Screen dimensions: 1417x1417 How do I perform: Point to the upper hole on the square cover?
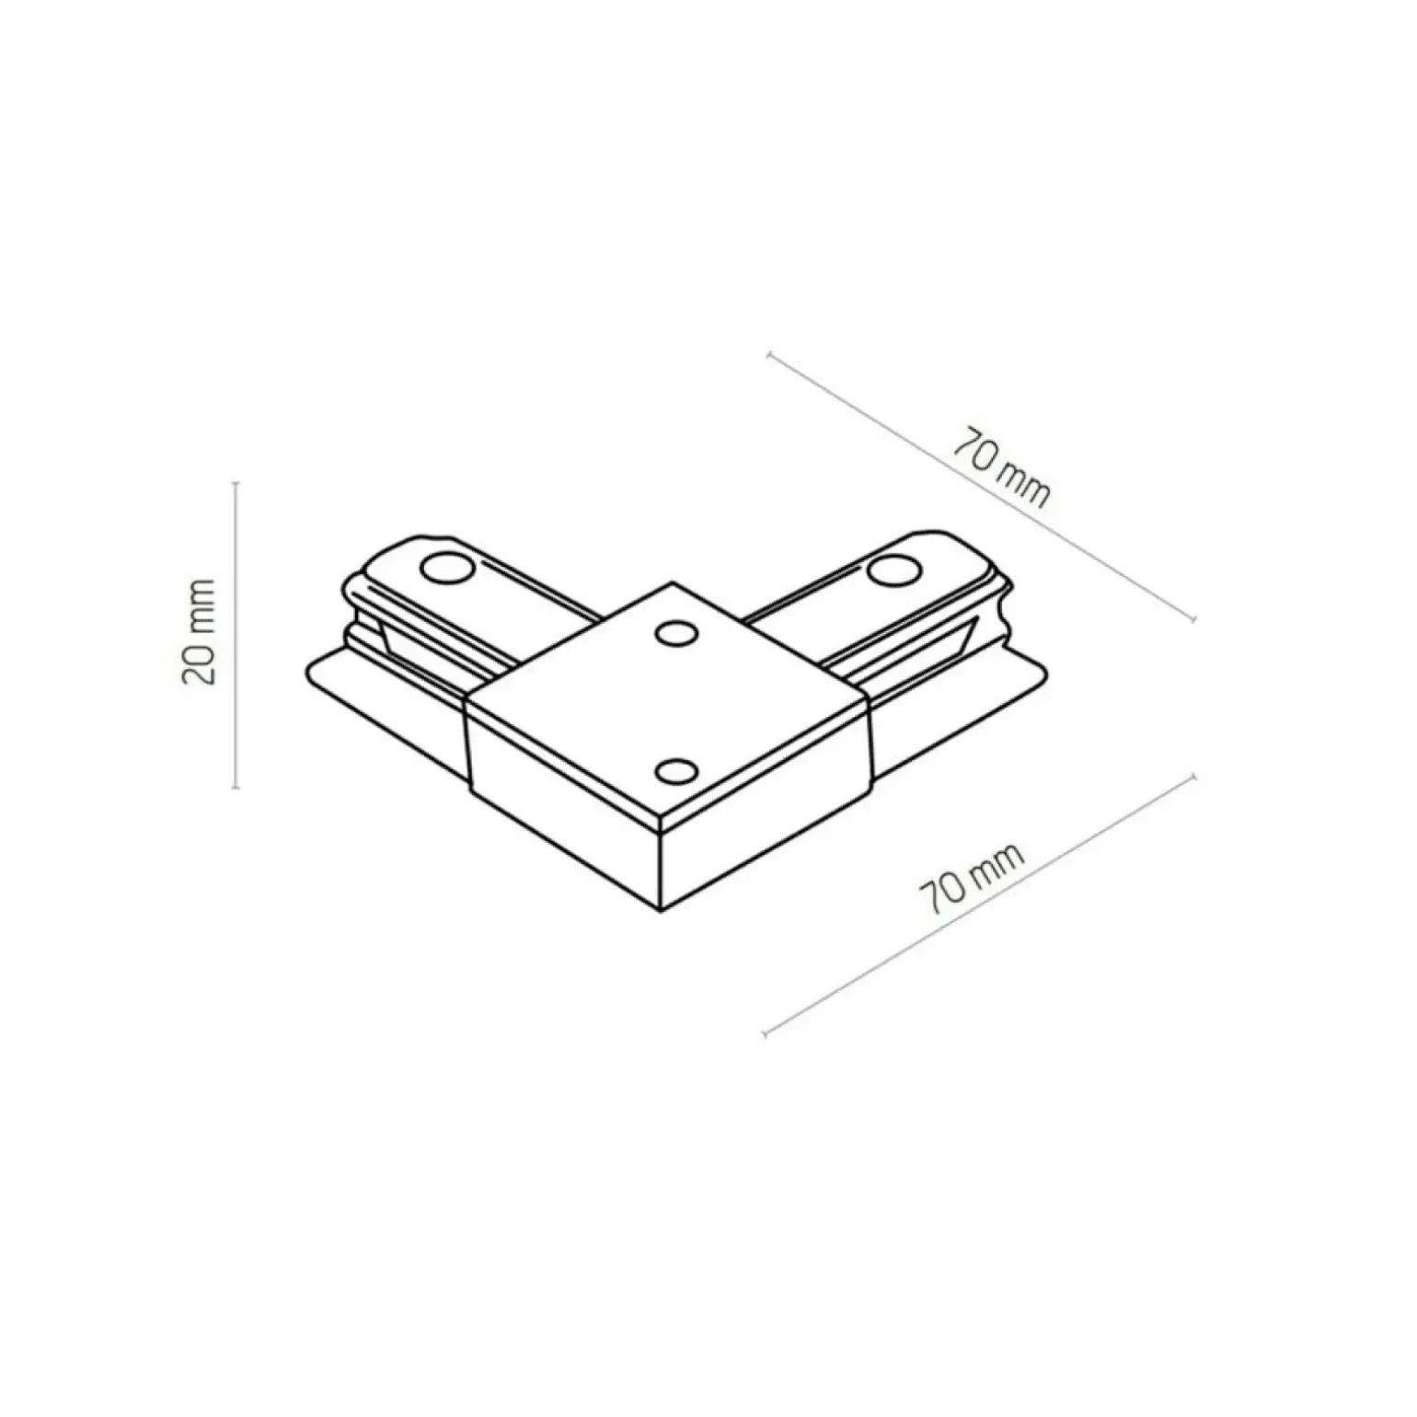[x=676, y=633]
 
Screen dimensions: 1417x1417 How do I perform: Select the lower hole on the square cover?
[x=676, y=771]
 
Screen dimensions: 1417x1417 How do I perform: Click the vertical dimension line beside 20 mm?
[x=236, y=634]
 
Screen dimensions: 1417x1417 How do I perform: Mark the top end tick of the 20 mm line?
[x=236, y=481]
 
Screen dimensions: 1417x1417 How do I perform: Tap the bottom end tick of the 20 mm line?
[x=236, y=788]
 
